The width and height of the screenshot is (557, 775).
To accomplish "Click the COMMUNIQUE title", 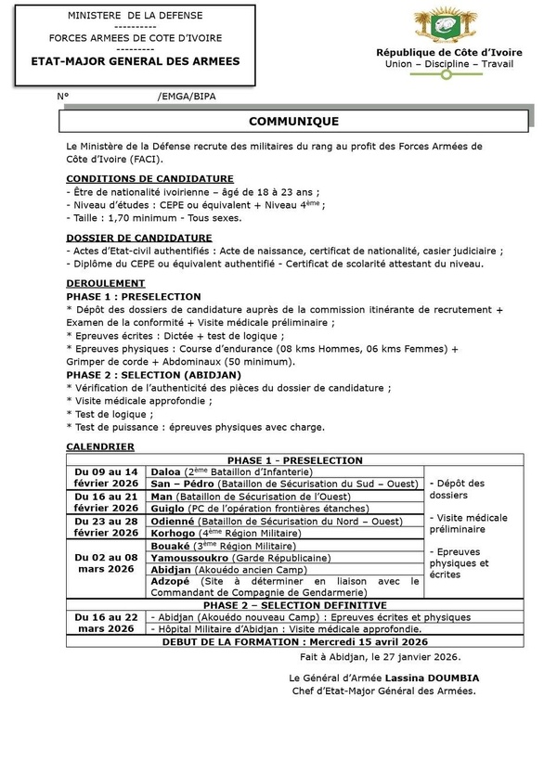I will pos(293,122).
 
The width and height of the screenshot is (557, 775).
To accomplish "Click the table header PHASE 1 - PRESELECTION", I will pos(293,460).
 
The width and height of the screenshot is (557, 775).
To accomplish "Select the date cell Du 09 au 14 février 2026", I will pos(107,477).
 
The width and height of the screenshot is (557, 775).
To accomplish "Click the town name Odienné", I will pos(175,521).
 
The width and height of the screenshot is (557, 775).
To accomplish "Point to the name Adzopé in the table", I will pos(173,582).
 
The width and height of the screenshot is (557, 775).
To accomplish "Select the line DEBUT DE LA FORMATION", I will pos(293,640).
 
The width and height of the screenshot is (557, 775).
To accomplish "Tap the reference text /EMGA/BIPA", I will pos(187,96).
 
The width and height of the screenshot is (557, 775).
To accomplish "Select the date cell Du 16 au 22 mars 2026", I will pos(107,622).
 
